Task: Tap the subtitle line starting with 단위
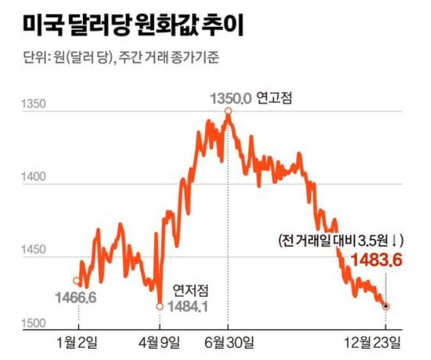point(121,59)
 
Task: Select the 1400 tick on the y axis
point(33,177)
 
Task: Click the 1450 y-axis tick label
point(33,250)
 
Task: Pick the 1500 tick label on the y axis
point(33,323)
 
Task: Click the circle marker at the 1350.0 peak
point(228,112)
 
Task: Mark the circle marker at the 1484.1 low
point(159,306)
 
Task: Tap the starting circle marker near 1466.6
point(77,280)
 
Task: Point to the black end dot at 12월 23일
point(386,306)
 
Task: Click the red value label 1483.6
point(377,260)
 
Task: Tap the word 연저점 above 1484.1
point(191,291)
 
